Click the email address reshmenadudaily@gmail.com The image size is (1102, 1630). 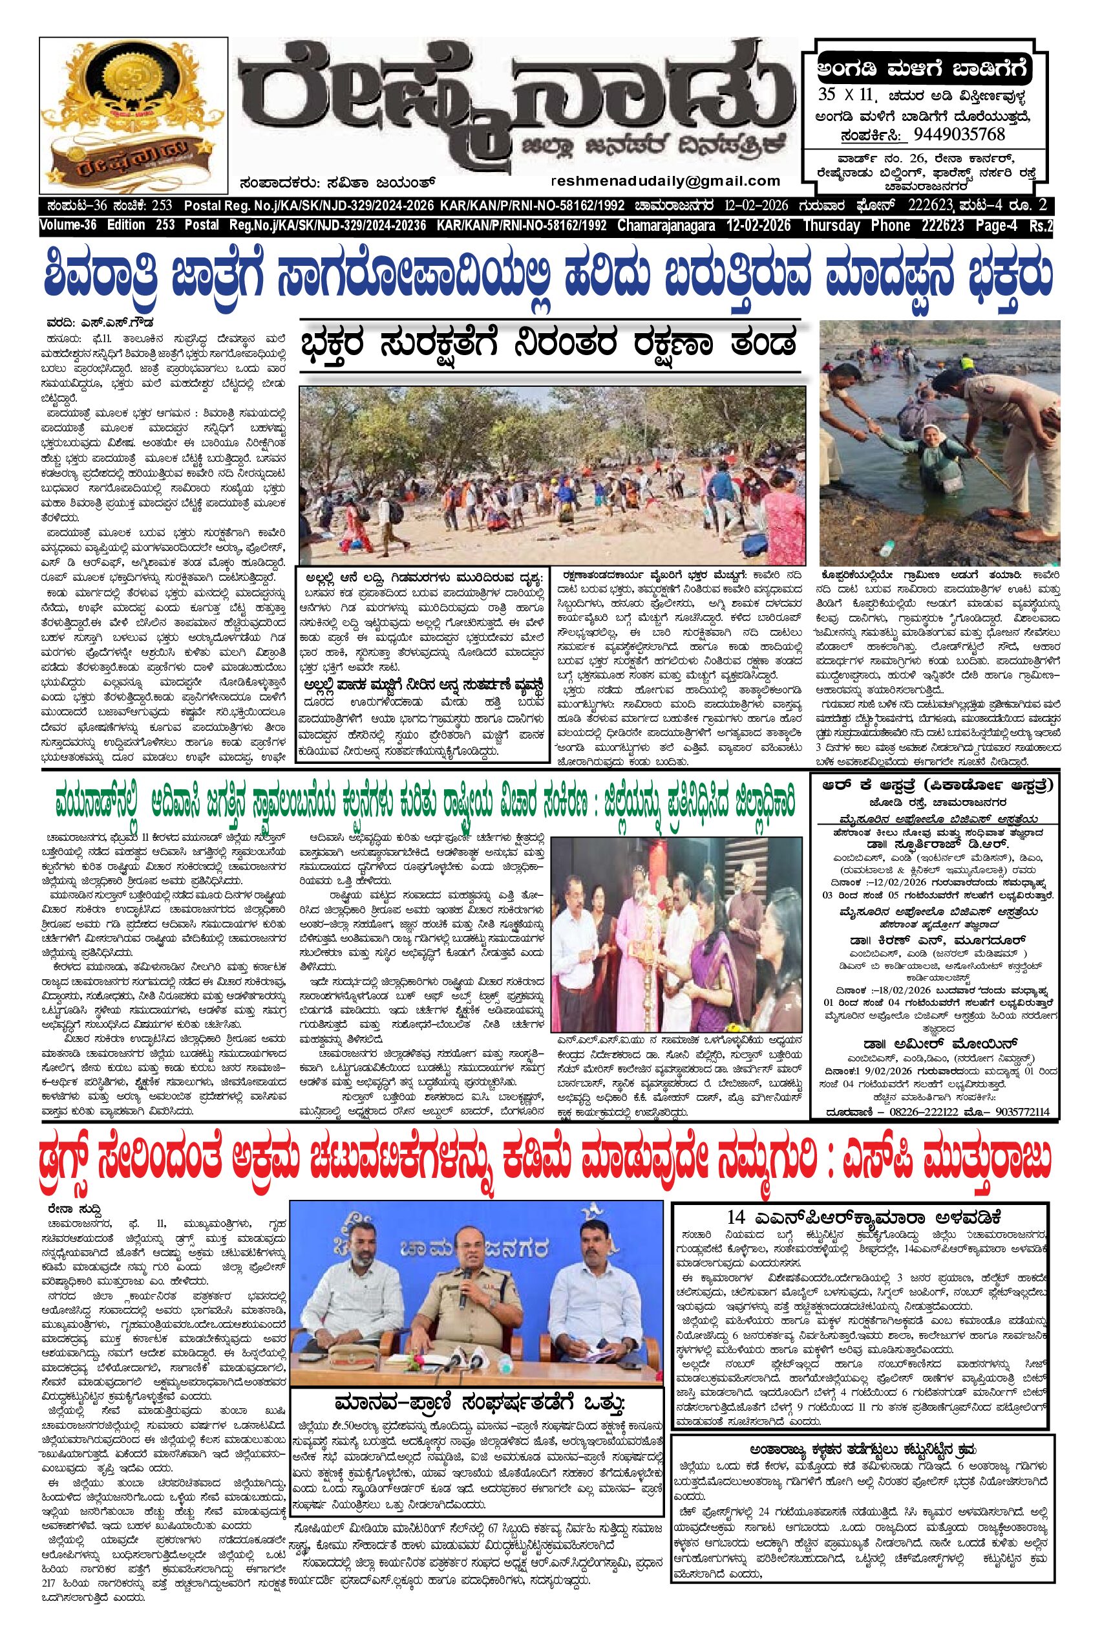(666, 180)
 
